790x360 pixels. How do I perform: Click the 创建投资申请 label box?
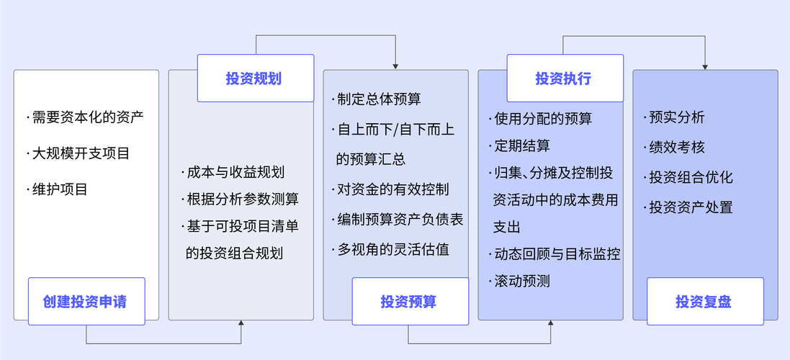[x=86, y=301]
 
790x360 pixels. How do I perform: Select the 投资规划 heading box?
[x=256, y=78]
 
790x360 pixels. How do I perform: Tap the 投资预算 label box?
[x=409, y=302]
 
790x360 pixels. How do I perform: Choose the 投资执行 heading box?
[x=565, y=78]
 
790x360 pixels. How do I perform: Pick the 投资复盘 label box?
[x=705, y=302]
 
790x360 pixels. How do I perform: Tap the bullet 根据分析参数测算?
[x=241, y=199]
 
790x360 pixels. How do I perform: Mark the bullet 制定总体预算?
[x=378, y=99]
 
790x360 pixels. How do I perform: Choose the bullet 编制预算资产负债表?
[x=399, y=220]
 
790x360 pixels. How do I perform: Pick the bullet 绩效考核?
[x=675, y=148]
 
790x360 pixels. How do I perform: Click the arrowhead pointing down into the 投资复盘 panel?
[x=705, y=66]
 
